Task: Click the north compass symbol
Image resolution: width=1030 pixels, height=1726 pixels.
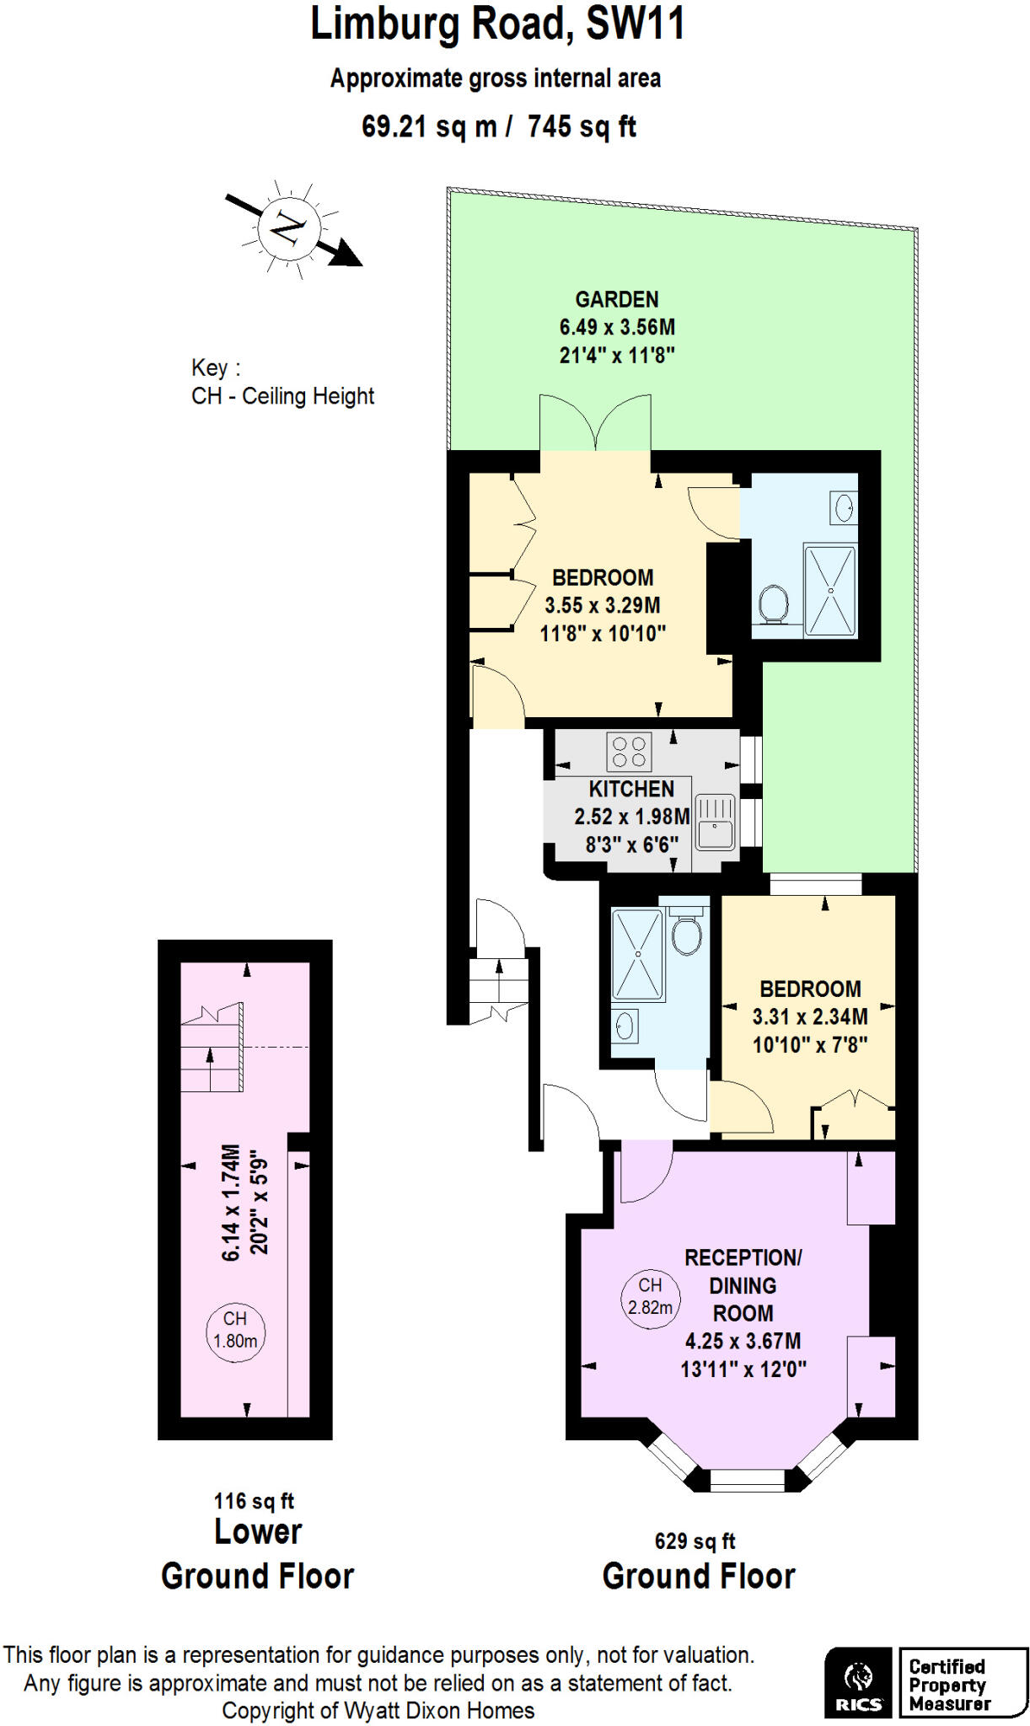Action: click(x=289, y=228)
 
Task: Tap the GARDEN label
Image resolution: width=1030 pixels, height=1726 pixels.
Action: click(x=617, y=299)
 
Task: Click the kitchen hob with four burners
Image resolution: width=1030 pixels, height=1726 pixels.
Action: click(x=629, y=752)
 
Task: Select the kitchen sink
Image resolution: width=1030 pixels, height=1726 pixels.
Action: click(x=716, y=823)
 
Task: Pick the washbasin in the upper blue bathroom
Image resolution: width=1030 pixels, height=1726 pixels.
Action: click(x=844, y=508)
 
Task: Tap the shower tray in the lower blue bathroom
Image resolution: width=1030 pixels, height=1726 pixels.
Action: click(x=637, y=954)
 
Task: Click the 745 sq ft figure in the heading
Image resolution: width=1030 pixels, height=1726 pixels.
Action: click(x=582, y=126)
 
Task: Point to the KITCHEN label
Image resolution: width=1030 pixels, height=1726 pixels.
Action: click(x=631, y=789)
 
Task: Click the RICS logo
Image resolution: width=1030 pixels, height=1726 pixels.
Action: click(x=858, y=1682)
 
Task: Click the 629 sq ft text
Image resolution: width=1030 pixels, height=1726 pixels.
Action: click(x=695, y=1541)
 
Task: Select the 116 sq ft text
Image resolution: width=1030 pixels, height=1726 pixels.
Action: click(x=254, y=1501)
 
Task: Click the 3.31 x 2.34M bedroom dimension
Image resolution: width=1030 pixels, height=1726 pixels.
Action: click(x=809, y=1016)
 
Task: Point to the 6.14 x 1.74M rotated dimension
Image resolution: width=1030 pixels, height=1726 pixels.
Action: click(x=232, y=1202)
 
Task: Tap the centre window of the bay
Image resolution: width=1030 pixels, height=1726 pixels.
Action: click(x=747, y=1480)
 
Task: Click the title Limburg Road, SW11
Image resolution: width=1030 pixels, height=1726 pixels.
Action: click(x=497, y=24)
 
